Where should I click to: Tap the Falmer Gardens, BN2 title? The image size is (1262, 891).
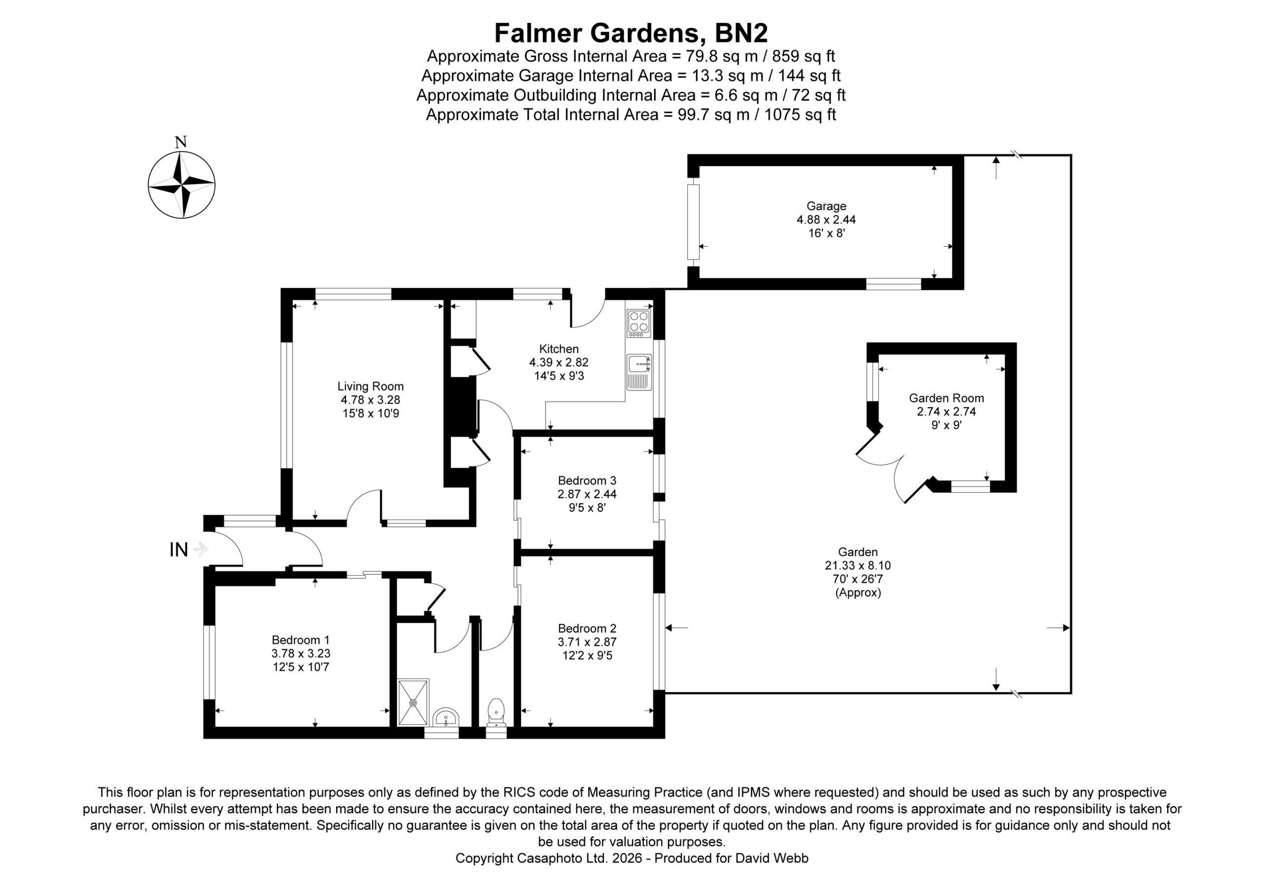point(631,33)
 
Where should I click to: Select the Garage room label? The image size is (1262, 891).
point(826,206)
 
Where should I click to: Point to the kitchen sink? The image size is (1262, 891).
point(639,372)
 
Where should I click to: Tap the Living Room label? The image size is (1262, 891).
point(370,386)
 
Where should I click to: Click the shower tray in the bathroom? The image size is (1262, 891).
point(413,702)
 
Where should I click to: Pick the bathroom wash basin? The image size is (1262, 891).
point(446,718)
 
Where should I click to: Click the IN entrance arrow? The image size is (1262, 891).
point(200,549)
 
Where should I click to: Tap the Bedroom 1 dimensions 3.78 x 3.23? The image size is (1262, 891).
point(301,654)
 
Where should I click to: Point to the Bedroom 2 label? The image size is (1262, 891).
point(587,628)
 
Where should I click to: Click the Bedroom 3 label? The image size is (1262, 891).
point(587,481)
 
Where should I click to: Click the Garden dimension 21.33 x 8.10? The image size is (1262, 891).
point(858,565)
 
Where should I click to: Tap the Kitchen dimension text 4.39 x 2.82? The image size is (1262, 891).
point(559,363)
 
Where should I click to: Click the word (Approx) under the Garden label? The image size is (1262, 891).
point(858,593)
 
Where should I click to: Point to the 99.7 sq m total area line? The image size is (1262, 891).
point(631,115)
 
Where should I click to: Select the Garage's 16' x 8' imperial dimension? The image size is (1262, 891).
point(826,233)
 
